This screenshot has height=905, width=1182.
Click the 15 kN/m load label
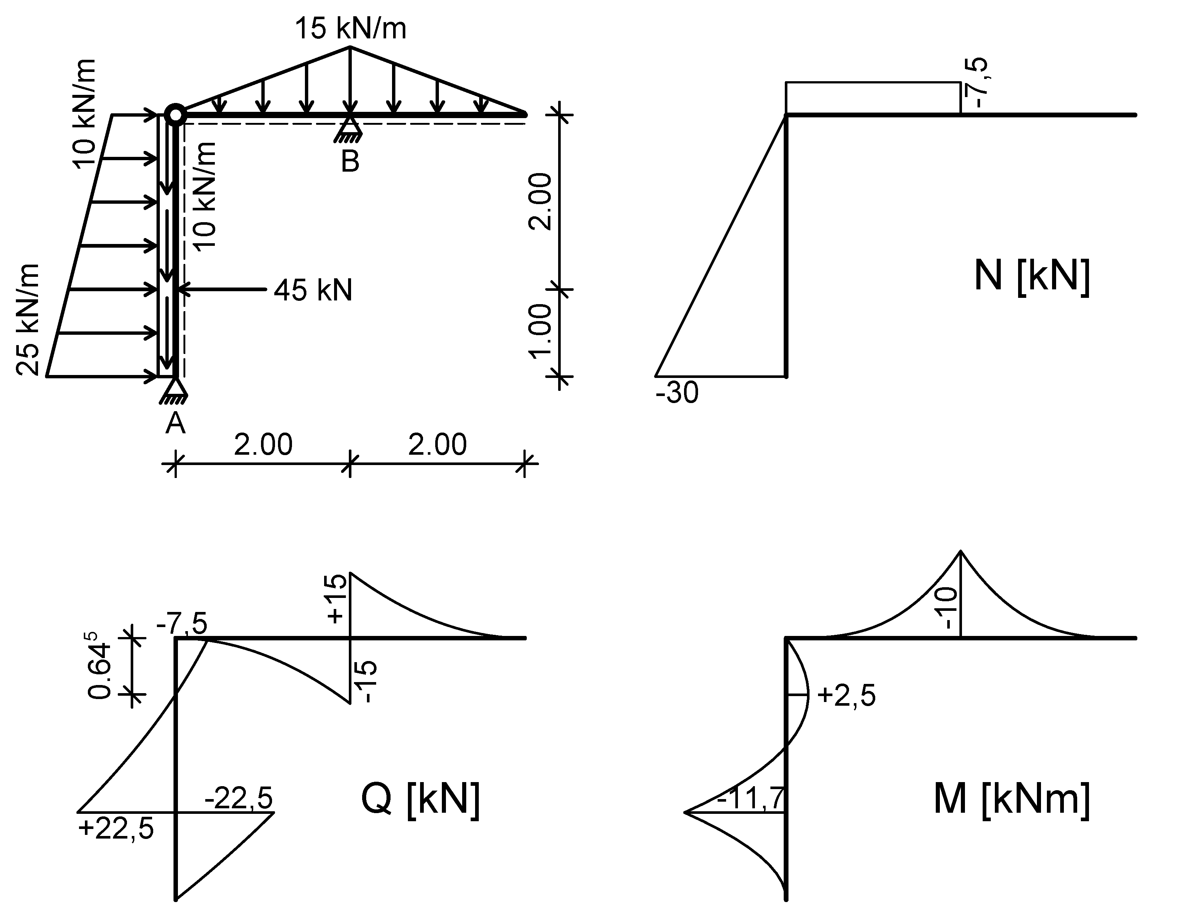click(x=350, y=28)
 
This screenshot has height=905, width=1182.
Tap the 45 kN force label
click(x=312, y=290)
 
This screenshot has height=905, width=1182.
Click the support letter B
click(x=350, y=161)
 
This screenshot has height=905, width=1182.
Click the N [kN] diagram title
click(x=1032, y=276)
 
